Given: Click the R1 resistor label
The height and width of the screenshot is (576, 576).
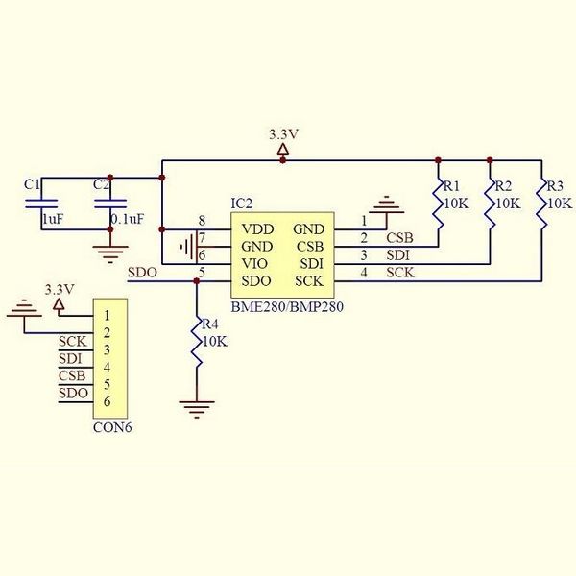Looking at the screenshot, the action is click(x=451, y=186).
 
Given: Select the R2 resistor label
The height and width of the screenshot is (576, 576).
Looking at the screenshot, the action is click(x=503, y=186).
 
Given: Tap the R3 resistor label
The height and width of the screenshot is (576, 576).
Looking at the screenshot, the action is click(x=555, y=186).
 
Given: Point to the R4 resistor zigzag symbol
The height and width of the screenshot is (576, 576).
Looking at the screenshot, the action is click(x=197, y=341).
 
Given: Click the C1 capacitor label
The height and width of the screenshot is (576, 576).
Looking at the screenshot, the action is click(x=32, y=184).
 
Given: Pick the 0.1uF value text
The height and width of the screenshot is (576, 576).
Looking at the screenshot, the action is click(x=127, y=219).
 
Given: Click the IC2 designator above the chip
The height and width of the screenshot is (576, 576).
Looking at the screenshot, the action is click(x=241, y=204).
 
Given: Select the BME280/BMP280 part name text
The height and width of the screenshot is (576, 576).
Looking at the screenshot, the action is click(x=287, y=306).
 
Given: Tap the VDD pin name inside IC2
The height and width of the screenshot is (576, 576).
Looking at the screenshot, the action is click(x=258, y=229).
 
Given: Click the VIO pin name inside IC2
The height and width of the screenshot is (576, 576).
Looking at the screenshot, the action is click(x=254, y=263).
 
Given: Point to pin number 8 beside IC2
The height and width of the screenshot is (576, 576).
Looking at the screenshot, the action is click(x=202, y=221).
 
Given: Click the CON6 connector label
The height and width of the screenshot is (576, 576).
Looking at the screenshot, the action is click(x=112, y=427).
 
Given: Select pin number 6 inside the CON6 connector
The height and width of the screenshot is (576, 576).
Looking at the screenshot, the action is click(x=107, y=401).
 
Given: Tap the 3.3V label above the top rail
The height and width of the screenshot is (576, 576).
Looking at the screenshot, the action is click(x=283, y=134).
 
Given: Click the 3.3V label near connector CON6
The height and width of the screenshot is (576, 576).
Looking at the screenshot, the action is click(x=60, y=290).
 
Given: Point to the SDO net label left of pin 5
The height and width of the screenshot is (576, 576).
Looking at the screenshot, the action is click(x=142, y=273).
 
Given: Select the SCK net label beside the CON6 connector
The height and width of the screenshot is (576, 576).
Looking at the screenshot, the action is click(x=72, y=341).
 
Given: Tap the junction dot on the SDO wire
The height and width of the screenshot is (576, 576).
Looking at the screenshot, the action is click(x=197, y=281).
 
